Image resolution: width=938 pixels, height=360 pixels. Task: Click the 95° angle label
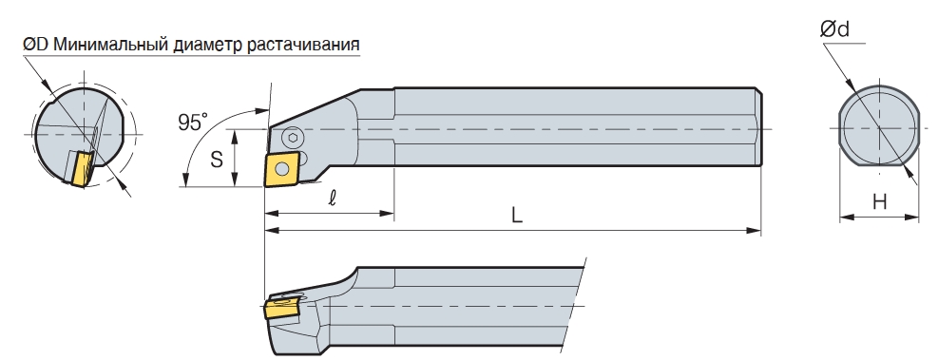click(x=193, y=122)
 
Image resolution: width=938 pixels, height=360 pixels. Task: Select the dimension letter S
click(x=217, y=160)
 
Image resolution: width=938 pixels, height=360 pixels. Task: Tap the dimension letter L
click(x=517, y=216)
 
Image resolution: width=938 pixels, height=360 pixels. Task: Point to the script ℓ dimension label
click(x=332, y=198)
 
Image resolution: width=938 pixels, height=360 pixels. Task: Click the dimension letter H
click(x=879, y=202)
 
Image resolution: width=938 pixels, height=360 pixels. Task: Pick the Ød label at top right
click(x=834, y=28)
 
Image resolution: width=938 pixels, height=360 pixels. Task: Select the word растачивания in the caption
click(x=303, y=45)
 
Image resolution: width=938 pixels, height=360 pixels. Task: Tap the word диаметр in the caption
click(x=207, y=45)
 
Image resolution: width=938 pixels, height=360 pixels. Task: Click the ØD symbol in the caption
click(x=36, y=45)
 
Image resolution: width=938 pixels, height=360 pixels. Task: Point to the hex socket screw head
click(x=293, y=138)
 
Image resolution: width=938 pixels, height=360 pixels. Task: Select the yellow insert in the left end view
click(x=82, y=169)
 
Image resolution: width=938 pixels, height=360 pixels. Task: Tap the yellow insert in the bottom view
click(x=281, y=311)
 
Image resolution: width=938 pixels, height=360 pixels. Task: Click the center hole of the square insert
click(x=280, y=168)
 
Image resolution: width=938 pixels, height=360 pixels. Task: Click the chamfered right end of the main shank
click(x=758, y=126)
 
